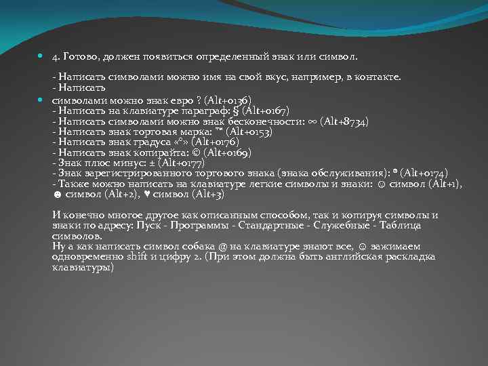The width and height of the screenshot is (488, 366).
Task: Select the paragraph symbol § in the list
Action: (x=236, y=110)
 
